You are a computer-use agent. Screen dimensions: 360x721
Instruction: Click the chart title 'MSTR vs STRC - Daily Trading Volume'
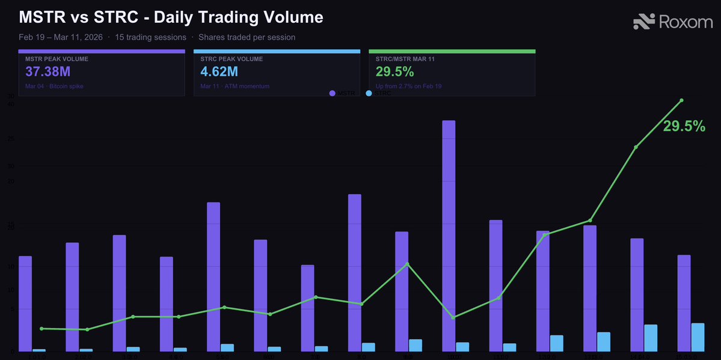click(x=171, y=17)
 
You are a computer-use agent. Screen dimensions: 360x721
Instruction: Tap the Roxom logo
click(x=673, y=22)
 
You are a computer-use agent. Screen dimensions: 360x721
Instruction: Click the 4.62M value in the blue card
click(x=219, y=72)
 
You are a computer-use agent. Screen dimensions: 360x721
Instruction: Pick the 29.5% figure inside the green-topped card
click(x=394, y=72)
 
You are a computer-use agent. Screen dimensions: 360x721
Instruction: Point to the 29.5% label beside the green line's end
click(x=684, y=126)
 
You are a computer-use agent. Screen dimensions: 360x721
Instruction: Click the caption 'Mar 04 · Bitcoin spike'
click(x=54, y=87)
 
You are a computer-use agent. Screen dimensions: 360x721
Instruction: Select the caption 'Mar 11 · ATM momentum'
click(x=235, y=87)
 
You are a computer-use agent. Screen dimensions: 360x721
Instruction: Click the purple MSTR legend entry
click(x=343, y=93)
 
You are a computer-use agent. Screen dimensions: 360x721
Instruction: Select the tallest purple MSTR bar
click(x=449, y=234)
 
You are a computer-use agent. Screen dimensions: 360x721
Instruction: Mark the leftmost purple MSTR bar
click(x=25, y=304)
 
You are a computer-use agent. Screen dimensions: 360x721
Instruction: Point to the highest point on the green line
click(x=681, y=100)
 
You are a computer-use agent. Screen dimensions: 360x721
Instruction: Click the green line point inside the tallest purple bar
click(x=453, y=317)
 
